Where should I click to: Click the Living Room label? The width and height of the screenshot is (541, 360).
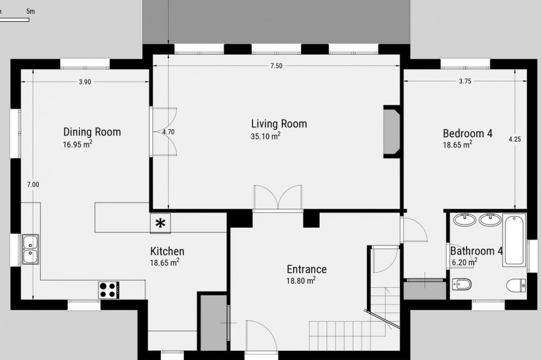(x=279, y=124)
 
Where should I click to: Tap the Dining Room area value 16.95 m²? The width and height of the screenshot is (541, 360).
(x=77, y=144)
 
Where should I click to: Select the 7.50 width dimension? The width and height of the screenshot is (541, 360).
(x=276, y=66)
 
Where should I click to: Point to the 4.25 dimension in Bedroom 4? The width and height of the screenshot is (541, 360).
(x=515, y=139)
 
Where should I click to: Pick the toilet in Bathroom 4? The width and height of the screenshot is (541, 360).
(x=516, y=285)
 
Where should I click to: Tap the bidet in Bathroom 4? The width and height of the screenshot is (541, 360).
(x=461, y=284)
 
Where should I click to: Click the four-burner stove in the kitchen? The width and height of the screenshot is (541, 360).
(x=109, y=290)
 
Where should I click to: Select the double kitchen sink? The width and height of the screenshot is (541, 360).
(x=30, y=249)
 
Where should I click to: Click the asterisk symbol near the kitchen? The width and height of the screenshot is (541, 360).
(x=160, y=223)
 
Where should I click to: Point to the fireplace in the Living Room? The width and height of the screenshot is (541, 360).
(x=392, y=132)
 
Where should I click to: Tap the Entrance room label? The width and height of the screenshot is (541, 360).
(x=307, y=269)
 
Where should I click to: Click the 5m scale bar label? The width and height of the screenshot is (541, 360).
(x=30, y=11)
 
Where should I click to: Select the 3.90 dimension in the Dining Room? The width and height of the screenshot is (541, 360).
(x=85, y=82)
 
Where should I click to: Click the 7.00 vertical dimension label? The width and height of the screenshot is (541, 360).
(x=33, y=184)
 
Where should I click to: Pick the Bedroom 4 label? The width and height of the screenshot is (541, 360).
(x=467, y=134)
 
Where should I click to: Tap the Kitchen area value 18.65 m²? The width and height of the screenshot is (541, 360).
(x=164, y=262)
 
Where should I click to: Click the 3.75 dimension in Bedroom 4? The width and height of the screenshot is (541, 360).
(x=465, y=82)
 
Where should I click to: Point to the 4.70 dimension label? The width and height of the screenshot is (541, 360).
(x=168, y=132)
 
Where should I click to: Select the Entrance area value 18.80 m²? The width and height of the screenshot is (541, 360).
(x=301, y=281)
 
